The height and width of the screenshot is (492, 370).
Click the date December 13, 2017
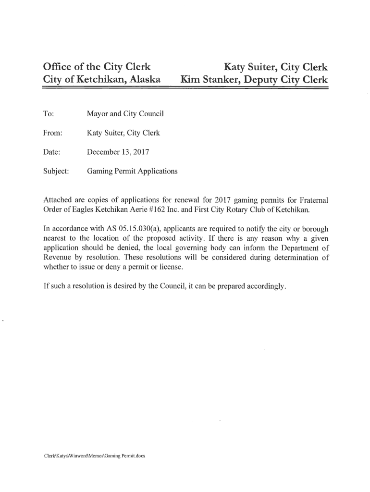click(117, 153)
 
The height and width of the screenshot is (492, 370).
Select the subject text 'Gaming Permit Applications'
click(132, 172)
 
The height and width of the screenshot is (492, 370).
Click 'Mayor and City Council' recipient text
click(125, 114)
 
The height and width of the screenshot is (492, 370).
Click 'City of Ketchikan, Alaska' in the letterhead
click(101, 80)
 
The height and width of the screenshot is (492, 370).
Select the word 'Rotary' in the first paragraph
click(249, 210)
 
